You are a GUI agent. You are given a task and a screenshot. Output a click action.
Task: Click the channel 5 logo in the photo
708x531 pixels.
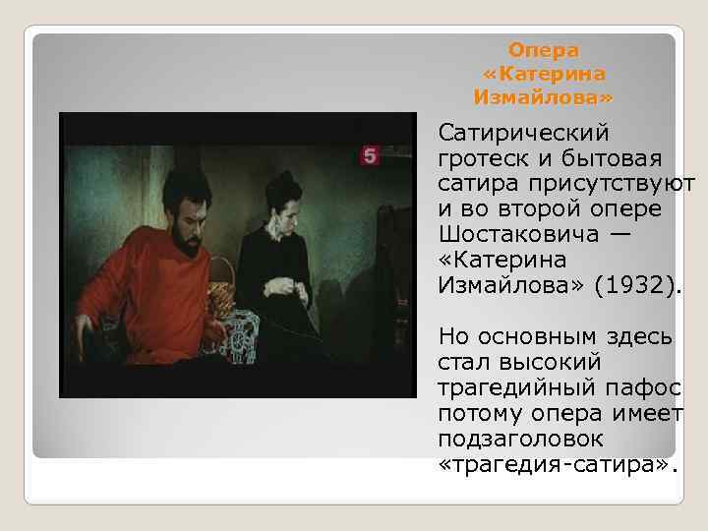(370, 156)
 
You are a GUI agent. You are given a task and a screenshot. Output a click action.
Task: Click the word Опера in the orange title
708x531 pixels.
(543, 49)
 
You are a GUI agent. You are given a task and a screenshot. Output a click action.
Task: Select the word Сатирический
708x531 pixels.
(524, 133)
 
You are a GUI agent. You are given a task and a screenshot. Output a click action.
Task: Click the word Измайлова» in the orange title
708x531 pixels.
(543, 97)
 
